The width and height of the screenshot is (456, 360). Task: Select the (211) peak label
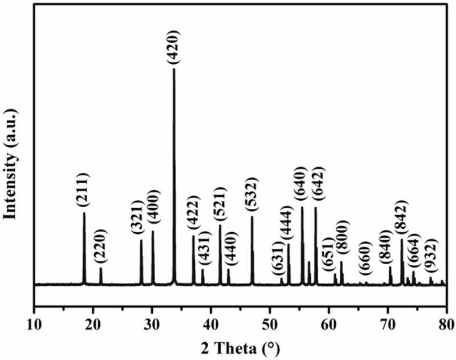tap(83, 190)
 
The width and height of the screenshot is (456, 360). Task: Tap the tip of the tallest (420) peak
tap(174, 69)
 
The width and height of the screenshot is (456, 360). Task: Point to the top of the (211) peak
tap(84, 213)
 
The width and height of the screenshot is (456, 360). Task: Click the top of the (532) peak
tap(252, 216)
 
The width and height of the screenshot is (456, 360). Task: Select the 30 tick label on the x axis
tap(152, 326)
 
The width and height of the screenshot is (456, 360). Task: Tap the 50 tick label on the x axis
tap(270, 326)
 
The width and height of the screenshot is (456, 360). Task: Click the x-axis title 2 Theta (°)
tap(240, 347)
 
